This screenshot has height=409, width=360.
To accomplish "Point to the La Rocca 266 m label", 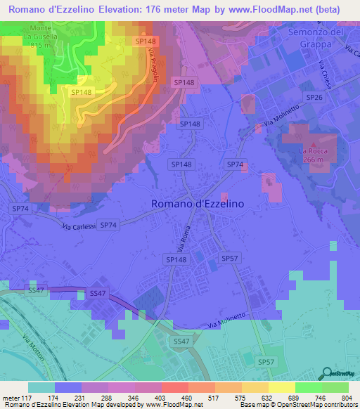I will coord(314,154).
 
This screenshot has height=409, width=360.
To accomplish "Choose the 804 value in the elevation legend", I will coord(341,398).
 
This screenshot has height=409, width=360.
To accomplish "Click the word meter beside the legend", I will coord(11,398).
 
